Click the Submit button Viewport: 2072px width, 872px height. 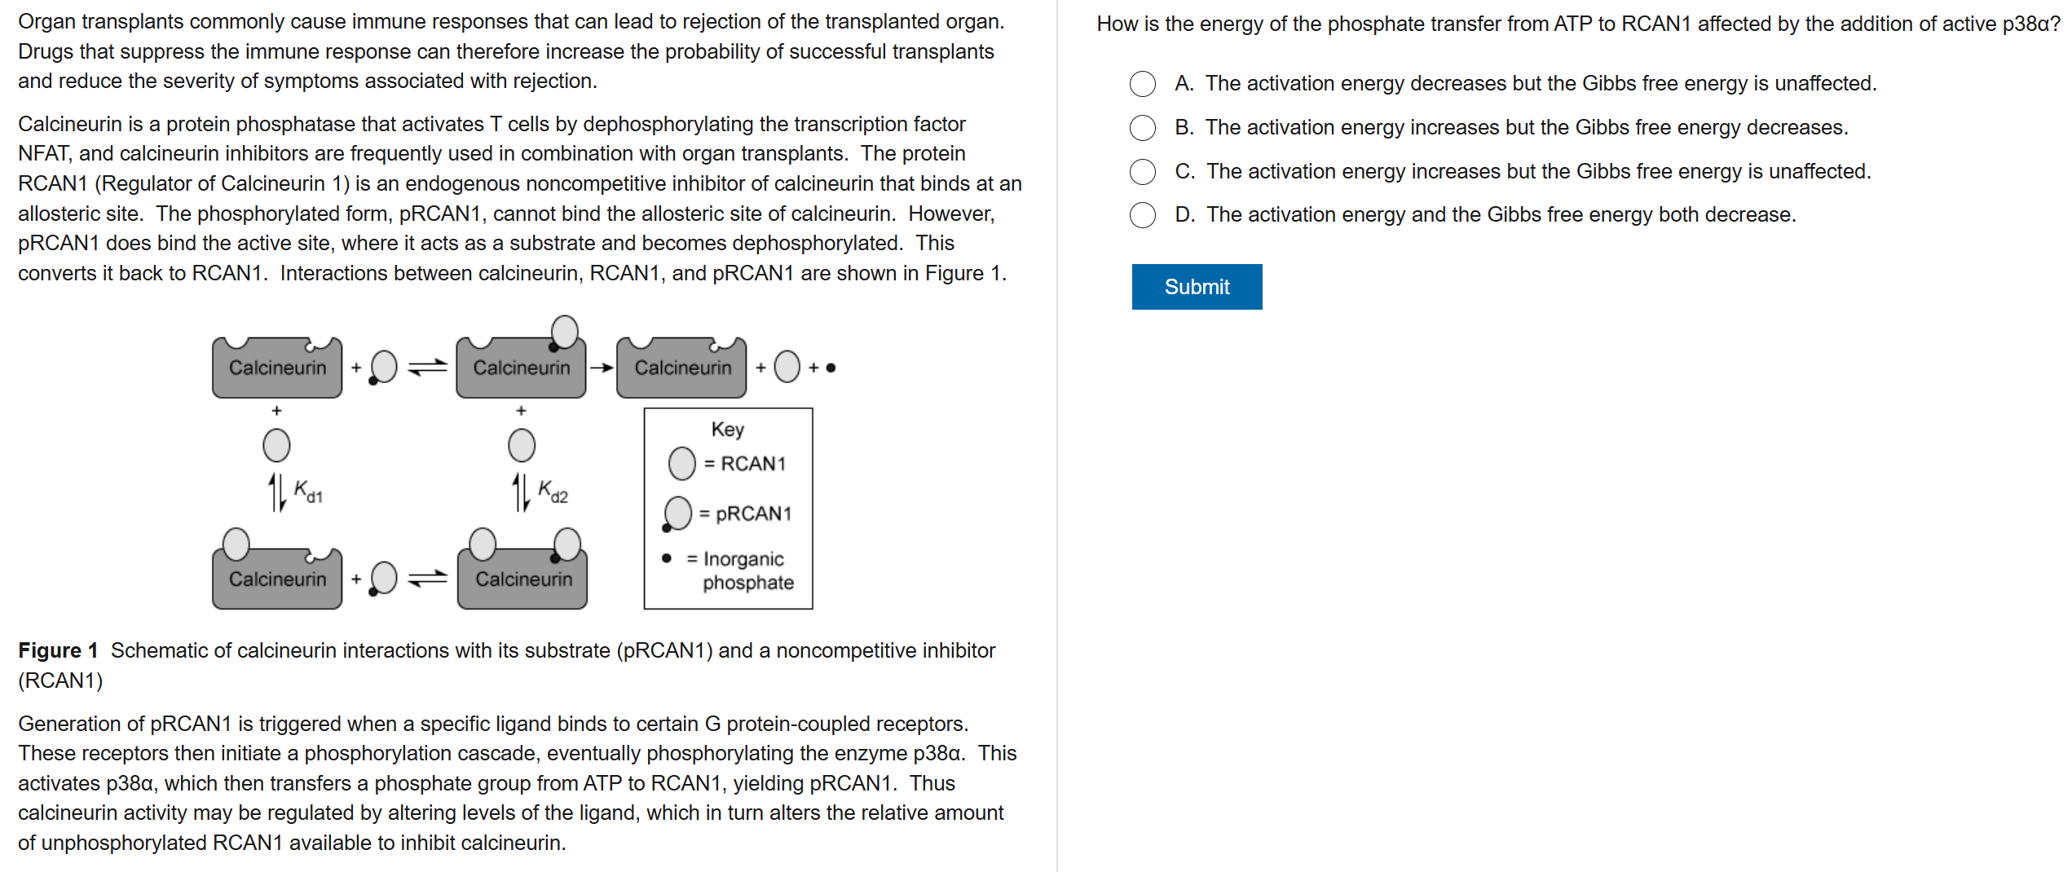1197,287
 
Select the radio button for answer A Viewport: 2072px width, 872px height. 1143,84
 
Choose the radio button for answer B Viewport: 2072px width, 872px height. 1143,128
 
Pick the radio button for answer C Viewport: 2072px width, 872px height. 1143,172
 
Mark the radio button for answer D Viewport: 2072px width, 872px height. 1143,215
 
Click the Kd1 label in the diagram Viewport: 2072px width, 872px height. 308,491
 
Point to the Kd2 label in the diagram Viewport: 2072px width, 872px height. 553,491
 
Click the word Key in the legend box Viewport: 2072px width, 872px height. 728,429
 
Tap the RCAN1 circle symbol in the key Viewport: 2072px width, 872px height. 682,464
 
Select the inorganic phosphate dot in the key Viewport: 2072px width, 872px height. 667,558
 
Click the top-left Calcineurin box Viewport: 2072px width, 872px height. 277,368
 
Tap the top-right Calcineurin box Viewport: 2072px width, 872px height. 682,368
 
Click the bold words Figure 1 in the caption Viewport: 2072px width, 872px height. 58,650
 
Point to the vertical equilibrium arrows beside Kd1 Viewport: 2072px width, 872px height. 277,492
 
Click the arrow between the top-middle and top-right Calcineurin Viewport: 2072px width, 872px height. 602,368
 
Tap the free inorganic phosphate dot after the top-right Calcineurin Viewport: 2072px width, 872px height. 831,368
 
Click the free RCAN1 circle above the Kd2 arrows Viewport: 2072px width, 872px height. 522,445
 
